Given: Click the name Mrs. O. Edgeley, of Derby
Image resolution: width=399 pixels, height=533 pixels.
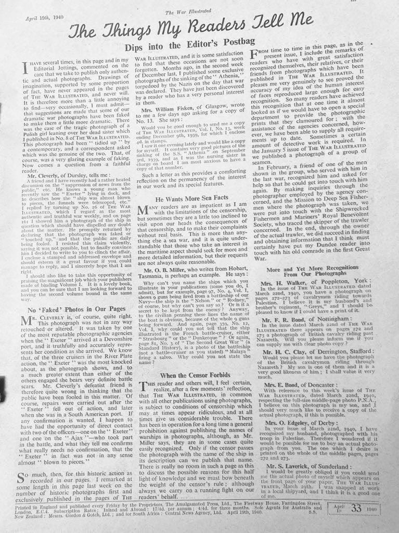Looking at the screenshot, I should point(301,424).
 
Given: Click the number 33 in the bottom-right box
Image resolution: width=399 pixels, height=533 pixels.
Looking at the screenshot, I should point(356,509).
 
